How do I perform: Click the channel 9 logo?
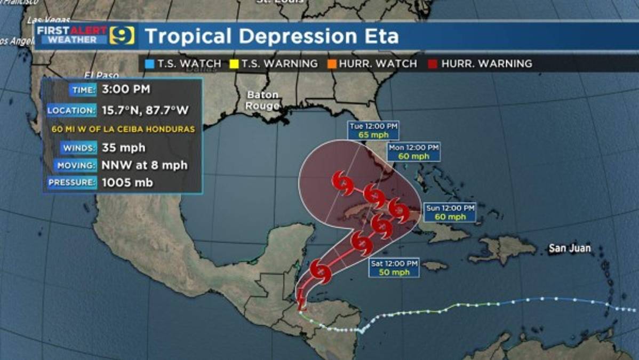[122, 36]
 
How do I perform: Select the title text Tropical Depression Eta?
[271, 36]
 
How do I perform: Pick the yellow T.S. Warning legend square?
[234, 64]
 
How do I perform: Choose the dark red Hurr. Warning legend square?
[433, 64]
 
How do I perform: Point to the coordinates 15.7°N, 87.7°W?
[145, 110]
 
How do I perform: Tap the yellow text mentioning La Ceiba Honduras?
[123, 129]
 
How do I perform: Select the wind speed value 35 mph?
[124, 148]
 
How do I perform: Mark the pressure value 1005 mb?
[127, 183]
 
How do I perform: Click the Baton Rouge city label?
[262, 100]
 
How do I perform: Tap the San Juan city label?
[570, 248]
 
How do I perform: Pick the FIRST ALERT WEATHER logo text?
[71, 35]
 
